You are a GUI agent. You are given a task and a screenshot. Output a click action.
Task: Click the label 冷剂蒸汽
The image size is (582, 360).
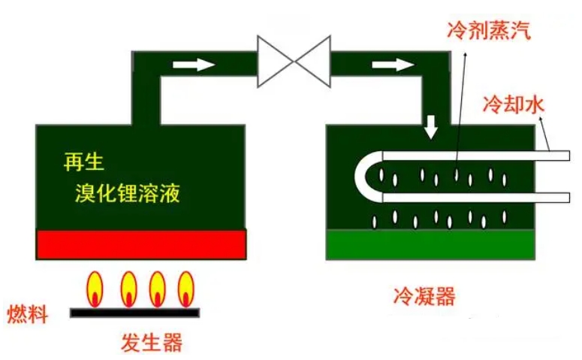coord(488,32)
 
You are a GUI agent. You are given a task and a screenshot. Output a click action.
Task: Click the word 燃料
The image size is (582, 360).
coord(27,313)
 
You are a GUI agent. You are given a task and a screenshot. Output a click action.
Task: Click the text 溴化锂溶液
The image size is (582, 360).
coord(128,194)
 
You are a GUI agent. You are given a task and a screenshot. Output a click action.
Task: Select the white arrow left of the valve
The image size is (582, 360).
coord(194,65)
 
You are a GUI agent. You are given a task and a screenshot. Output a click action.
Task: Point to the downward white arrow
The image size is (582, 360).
coord(431,127)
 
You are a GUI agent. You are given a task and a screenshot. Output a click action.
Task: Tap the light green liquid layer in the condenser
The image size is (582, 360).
coord(431,244)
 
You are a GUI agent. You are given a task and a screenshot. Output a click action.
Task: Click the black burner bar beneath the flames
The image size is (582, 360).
coord(135,310)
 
